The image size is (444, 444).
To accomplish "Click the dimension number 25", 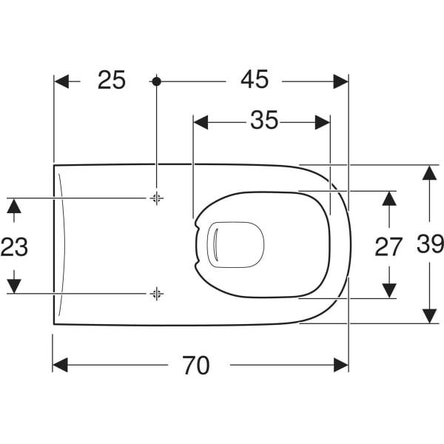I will [112, 80].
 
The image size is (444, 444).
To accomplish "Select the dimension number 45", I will [254, 80].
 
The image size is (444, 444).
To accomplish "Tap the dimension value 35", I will [263, 121].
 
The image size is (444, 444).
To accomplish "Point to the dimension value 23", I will [14, 246].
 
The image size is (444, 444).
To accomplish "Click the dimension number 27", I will [388, 246].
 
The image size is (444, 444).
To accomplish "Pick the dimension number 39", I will [429, 244].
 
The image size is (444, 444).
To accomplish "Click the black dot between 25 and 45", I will [156, 81].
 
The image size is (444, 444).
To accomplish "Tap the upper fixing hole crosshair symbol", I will [156, 198].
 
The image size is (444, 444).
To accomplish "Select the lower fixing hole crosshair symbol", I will [156, 294].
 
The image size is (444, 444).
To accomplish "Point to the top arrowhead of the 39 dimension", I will [429, 172].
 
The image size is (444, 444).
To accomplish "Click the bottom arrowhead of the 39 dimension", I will [429, 316].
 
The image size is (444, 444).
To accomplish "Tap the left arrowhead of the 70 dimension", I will [60, 365].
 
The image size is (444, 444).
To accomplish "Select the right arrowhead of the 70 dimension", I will [341, 365].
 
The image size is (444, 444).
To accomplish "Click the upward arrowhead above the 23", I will [14, 205].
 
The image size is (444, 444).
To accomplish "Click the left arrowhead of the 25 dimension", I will [61, 81].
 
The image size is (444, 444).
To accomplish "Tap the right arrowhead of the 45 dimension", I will [341, 81].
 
